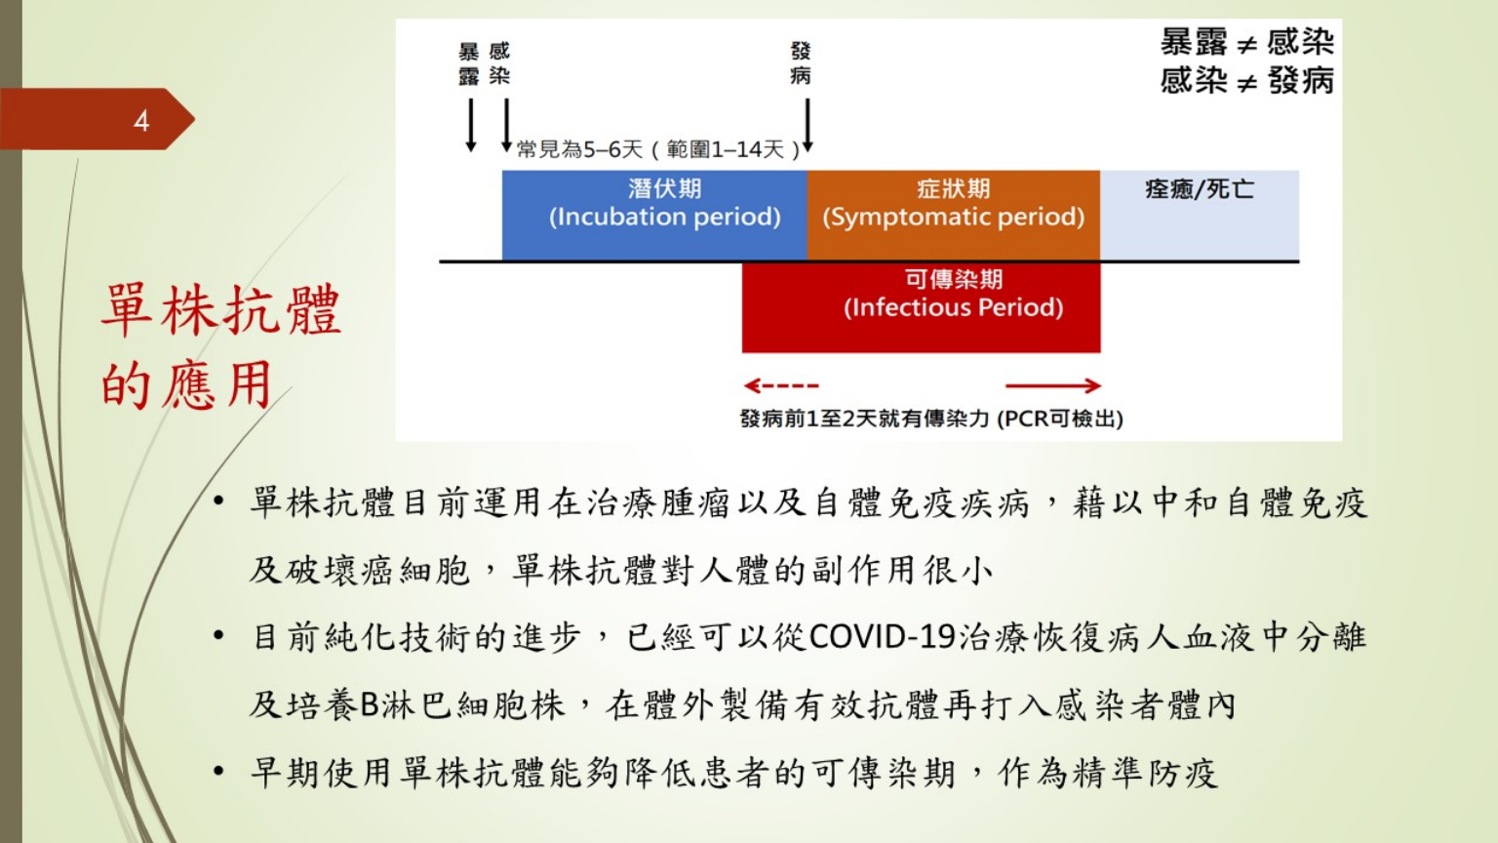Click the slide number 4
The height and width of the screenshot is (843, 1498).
tap(141, 120)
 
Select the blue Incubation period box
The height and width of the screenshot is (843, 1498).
tap(654, 215)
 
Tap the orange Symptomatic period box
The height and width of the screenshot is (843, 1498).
tap(954, 215)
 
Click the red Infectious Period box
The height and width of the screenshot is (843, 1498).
tap(921, 307)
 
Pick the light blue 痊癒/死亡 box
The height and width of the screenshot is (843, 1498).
tap(1200, 215)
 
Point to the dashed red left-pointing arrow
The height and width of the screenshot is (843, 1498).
tap(781, 385)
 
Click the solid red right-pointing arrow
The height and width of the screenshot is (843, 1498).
tap(1053, 385)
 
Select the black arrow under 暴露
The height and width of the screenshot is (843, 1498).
tap(471, 125)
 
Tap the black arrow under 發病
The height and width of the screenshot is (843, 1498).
tap(808, 125)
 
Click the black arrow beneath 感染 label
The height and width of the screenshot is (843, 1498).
tap(506, 125)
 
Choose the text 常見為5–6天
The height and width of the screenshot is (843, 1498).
tap(579, 149)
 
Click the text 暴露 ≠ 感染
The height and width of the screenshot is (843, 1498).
tap(1247, 42)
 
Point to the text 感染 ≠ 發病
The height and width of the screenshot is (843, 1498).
tap(1247, 81)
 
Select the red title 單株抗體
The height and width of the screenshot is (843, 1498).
tap(221, 309)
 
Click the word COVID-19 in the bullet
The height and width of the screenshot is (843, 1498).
tap(883, 637)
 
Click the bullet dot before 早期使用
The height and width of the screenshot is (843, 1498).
tap(218, 772)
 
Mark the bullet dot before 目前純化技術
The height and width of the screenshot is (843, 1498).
tap(218, 635)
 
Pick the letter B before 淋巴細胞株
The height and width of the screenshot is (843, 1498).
tap(370, 705)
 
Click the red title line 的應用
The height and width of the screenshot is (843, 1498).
tap(186, 384)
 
